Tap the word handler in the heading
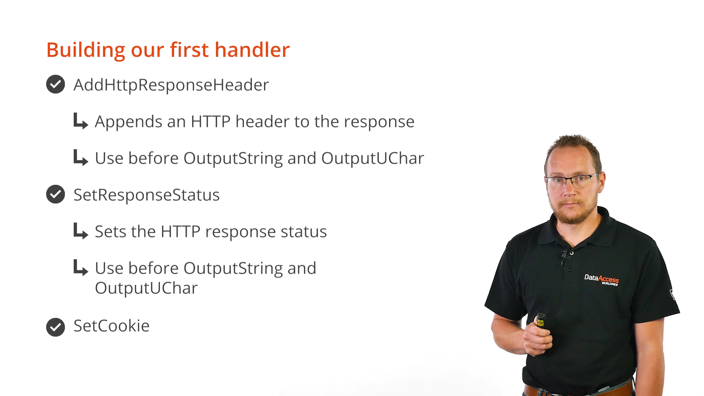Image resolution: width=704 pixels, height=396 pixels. point(252,50)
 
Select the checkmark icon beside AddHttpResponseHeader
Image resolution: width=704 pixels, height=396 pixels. point(56,84)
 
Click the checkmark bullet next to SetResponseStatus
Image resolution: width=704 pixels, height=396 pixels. point(56,194)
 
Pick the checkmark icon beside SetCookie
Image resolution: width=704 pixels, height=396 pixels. point(56,327)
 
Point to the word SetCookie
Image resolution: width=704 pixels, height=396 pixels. point(111,326)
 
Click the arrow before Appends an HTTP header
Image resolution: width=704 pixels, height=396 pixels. point(81,121)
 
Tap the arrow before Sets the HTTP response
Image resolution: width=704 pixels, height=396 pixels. point(81,231)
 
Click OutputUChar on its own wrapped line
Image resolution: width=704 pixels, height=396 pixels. point(146,288)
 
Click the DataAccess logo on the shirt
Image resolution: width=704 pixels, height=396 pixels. point(601,279)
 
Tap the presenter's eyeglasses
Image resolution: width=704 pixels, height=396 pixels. point(572,180)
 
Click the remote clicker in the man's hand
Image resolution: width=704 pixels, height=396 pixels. point(540,320)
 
